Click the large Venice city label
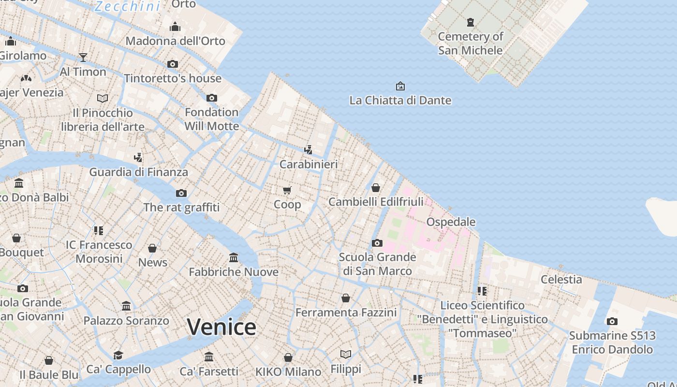[x=221, y=327]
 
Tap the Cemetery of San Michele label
[x=470, y=43]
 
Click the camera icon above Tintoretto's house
[x=173, y=64]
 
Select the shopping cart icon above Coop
[x=287, y=190]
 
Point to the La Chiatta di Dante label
[x=400, y=100]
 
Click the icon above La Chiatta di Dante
[x=400, y=86]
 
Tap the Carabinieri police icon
[x=308, y=149]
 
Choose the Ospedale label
[x=451, y=222]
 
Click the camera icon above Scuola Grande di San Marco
[x=377, y=243]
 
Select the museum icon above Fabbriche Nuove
[x=234, y=257]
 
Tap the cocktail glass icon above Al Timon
[x=83, y=58]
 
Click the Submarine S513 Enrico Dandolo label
[x=612, y=342]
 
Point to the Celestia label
[x=561, y=279]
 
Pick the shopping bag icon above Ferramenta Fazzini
[x=346, y=298]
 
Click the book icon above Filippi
[x=346, y=355]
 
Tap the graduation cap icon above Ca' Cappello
[x=118, y=355]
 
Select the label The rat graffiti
[x=181, y=208]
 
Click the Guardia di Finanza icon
[x=138, y=157]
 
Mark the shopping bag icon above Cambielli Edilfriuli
[x=376, y=187]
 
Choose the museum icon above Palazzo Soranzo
[x=126, y=306]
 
